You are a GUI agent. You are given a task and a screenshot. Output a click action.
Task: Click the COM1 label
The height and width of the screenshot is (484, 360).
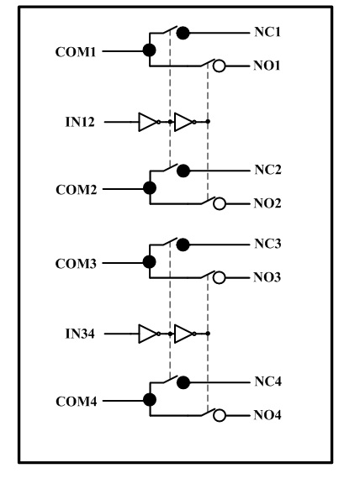76,52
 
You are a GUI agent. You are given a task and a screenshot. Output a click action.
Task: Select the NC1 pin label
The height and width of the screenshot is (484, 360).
267,32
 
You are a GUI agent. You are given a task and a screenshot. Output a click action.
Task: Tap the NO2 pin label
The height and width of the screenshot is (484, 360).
267,203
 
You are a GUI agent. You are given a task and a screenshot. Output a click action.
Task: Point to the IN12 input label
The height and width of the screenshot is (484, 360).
80,122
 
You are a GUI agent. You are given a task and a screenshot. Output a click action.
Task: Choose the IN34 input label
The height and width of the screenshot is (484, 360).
80,334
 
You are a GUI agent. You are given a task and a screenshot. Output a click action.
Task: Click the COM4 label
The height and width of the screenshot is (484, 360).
77,402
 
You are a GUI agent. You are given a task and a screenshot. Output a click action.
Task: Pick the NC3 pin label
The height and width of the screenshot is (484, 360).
268,244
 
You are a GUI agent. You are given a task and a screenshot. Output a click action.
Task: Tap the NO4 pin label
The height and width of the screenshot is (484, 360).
267,415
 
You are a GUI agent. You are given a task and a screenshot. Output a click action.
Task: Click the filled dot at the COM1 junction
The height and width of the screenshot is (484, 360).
149,50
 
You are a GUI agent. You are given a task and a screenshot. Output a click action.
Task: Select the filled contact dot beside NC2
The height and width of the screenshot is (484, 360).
183,171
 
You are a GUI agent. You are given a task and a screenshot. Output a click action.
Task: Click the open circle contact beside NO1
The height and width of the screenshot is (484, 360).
220,66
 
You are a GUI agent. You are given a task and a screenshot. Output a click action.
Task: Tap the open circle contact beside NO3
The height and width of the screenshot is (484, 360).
219,277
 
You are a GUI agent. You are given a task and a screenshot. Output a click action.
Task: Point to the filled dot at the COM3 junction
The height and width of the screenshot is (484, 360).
149,262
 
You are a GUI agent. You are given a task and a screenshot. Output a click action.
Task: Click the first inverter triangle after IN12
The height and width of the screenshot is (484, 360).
147,122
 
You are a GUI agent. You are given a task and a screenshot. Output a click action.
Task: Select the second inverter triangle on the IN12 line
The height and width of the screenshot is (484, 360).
183,122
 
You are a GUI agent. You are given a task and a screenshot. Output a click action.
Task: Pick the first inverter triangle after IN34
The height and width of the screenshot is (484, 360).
147,334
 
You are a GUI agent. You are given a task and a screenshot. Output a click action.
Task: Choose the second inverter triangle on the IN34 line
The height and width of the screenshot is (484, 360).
183,334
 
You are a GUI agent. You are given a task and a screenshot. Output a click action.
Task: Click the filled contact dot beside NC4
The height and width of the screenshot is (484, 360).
183,382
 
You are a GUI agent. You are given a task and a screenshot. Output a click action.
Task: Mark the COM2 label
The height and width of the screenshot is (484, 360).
77,190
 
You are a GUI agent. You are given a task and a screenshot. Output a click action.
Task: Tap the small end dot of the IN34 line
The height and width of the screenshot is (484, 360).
208,334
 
